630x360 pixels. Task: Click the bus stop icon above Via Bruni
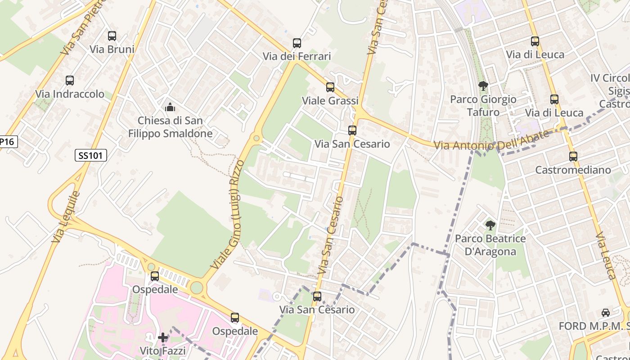coord(112,36)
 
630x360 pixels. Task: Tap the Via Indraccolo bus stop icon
coord(70,81)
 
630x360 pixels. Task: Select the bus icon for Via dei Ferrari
coord(297,43)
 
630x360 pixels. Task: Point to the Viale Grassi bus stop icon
coord(330,87)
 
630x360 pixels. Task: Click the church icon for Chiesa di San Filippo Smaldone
coord(170,107)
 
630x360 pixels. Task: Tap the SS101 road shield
coord(90,156)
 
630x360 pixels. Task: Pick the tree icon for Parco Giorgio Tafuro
coord(483,85)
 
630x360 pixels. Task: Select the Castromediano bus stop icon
coord(573,157)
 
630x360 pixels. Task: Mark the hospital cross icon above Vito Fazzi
coord(163,337)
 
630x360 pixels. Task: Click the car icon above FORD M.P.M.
coord(606,313)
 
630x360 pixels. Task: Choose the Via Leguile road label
coord(66,217)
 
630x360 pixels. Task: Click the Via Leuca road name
coord(606,256)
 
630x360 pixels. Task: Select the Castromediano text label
coord(573,170)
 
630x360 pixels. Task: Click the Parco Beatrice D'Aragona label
coord(490,245)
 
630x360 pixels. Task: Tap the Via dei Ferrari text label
coord(297,56)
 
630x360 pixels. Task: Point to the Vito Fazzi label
coord(163,351)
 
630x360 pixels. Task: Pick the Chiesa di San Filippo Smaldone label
coord(170,127)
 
